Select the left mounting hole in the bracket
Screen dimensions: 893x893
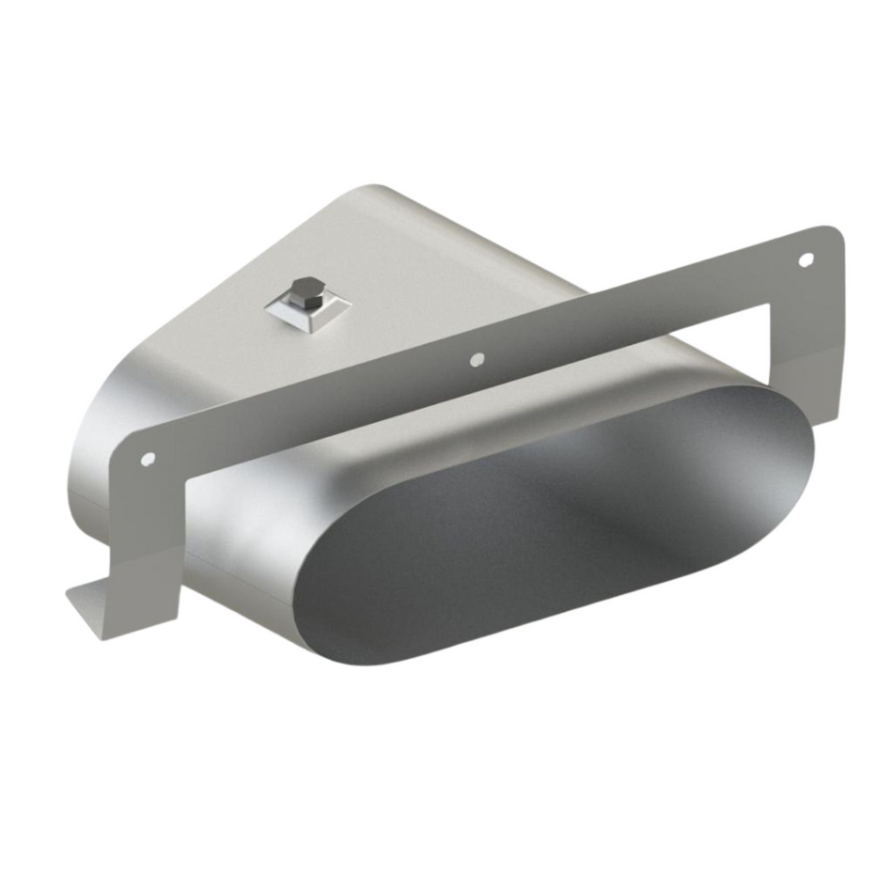(x=148, y=459)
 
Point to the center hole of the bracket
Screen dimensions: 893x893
(x=477, y=358)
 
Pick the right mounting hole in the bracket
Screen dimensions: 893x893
(x=805, y=258)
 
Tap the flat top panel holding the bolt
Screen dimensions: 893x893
(x=395, y=273)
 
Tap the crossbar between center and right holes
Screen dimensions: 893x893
(x=639, y=310)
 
